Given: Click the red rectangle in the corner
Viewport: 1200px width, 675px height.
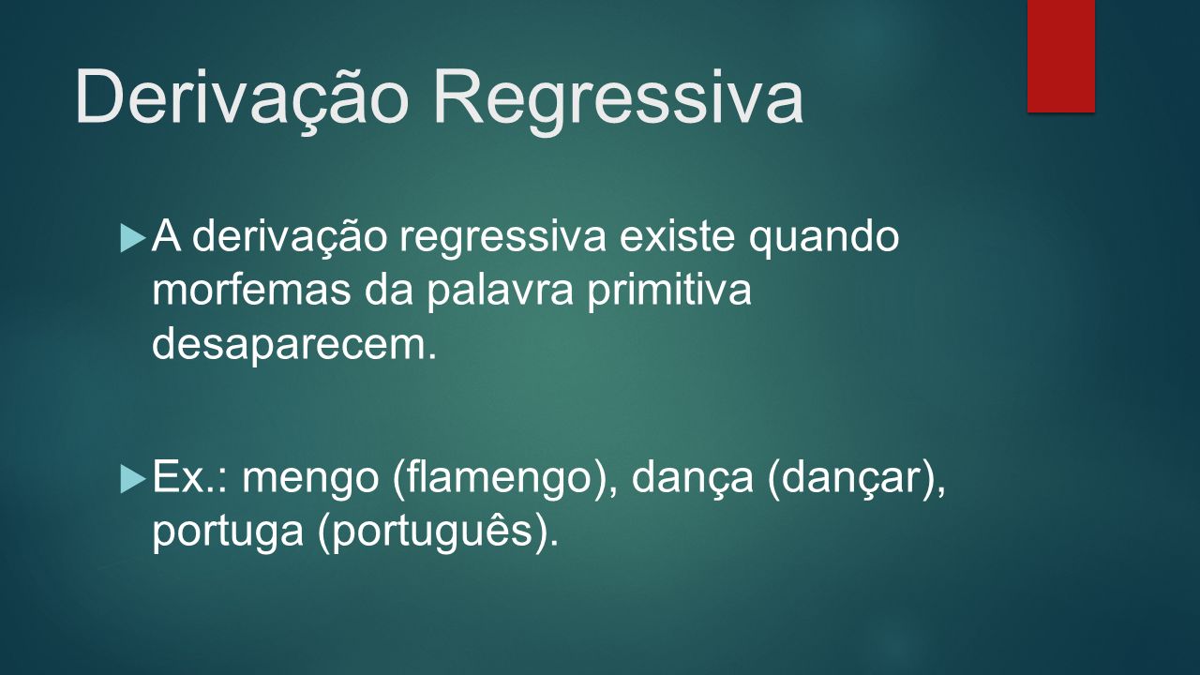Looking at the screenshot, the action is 1060,56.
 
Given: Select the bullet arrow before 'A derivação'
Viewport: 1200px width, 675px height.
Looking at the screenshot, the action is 133,238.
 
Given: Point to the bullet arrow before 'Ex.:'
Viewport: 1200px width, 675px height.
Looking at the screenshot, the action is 133,479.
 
